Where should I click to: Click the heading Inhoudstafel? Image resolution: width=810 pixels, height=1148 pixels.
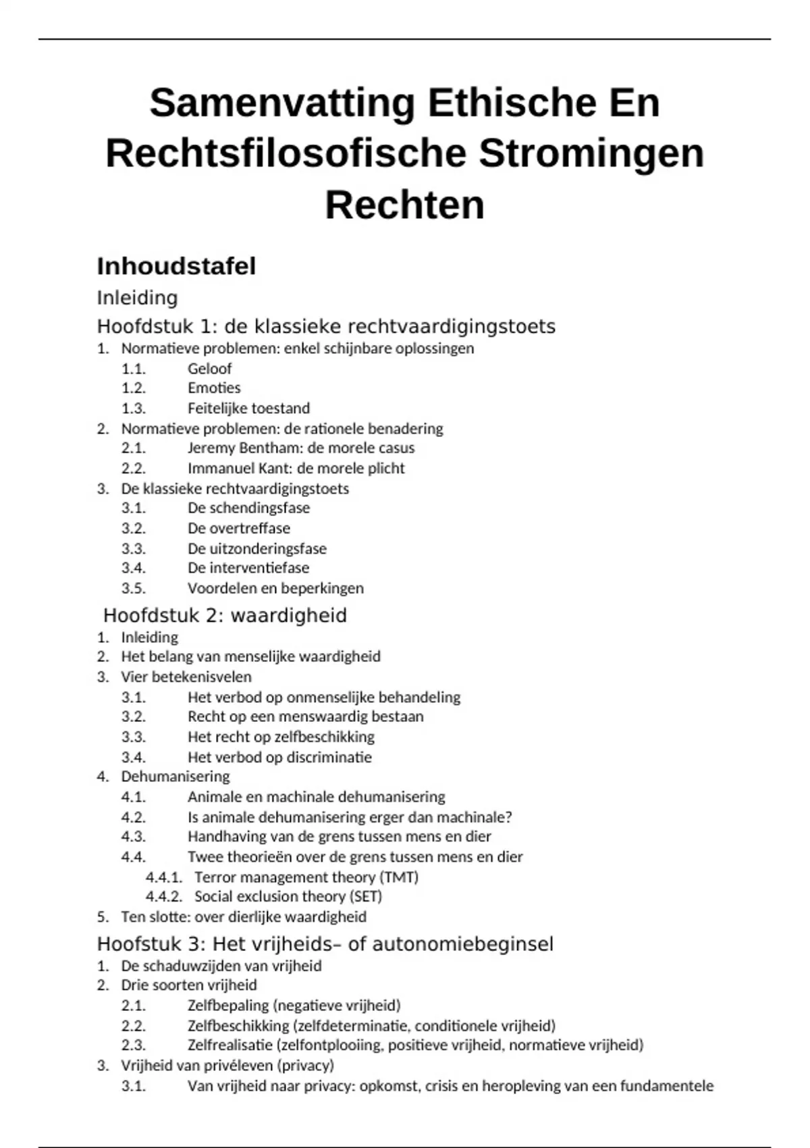tap(176, 266)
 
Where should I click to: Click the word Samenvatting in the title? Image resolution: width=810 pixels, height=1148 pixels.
tap(282, 103)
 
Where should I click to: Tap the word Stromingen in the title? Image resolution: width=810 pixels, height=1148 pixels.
tap(591, 153)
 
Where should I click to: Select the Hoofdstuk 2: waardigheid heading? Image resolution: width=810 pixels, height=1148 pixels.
tap(225, 615)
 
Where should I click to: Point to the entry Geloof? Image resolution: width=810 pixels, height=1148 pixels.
tap(209, 369)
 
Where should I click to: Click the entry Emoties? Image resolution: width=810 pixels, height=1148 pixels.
tap(214, 388)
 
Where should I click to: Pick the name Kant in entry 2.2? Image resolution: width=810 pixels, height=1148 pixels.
tap(273, 469)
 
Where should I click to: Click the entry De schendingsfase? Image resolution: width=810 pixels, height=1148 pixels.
tap(248, 508)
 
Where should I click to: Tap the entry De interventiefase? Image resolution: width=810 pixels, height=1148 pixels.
tap(248, 568)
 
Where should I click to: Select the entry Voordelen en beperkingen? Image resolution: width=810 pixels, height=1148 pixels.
tap(275, 588)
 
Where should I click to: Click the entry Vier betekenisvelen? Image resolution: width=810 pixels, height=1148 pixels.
tap(186, 677)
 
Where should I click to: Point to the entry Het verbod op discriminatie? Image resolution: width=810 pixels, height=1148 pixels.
tap(279, 757)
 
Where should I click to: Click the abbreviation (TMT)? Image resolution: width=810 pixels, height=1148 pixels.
tap(399, 877)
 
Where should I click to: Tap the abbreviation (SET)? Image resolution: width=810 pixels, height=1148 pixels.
tap(365, 897)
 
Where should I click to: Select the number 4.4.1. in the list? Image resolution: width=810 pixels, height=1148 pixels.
tap(164, 877)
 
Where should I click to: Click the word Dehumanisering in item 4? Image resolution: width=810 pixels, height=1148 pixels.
tap(175, 777)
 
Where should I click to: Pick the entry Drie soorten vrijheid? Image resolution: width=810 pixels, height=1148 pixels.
tap(189, 985)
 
